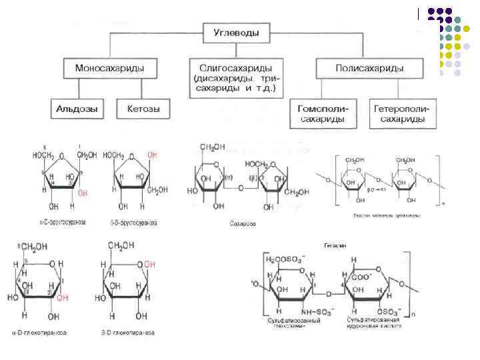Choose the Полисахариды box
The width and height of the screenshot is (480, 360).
(x=360, y=69)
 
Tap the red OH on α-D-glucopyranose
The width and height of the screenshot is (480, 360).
(x=62, y=299)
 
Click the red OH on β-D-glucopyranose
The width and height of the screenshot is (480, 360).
(x=150, y=265)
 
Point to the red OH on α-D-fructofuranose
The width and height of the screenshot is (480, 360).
(x=83, y=193)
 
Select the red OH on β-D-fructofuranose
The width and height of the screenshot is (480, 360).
(x=153, y=155)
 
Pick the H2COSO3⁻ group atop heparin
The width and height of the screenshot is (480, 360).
(x=285, y=259)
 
